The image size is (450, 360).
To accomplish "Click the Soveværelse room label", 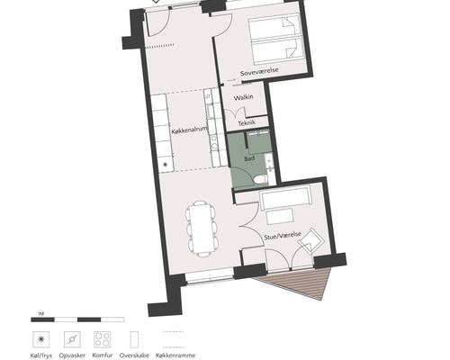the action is point(259,72).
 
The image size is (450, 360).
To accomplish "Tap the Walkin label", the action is point(243,97).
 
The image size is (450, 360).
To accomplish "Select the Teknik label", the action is point(247,122).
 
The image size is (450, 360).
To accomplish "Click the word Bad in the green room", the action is point(249,158).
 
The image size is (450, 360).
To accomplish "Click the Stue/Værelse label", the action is point(283,235).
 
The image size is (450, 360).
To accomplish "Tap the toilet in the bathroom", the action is point(260,179).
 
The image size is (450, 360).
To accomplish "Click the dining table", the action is point(202,229).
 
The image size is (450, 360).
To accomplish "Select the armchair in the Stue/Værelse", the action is point(311,241).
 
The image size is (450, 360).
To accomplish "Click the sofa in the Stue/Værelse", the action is point(285,198).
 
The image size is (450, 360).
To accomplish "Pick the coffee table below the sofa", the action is point(280,217).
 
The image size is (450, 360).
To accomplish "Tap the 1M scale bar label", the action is point(41,314).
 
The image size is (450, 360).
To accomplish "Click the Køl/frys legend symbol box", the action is point(41,339).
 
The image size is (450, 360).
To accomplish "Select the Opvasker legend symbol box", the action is point(72,339).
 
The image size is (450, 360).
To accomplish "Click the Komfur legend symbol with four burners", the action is point(103,339).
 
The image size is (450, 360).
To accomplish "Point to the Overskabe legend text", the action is point(134,355).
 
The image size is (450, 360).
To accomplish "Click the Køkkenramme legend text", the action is point(175,355).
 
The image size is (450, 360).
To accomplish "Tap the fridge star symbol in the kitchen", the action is point(165,164).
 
